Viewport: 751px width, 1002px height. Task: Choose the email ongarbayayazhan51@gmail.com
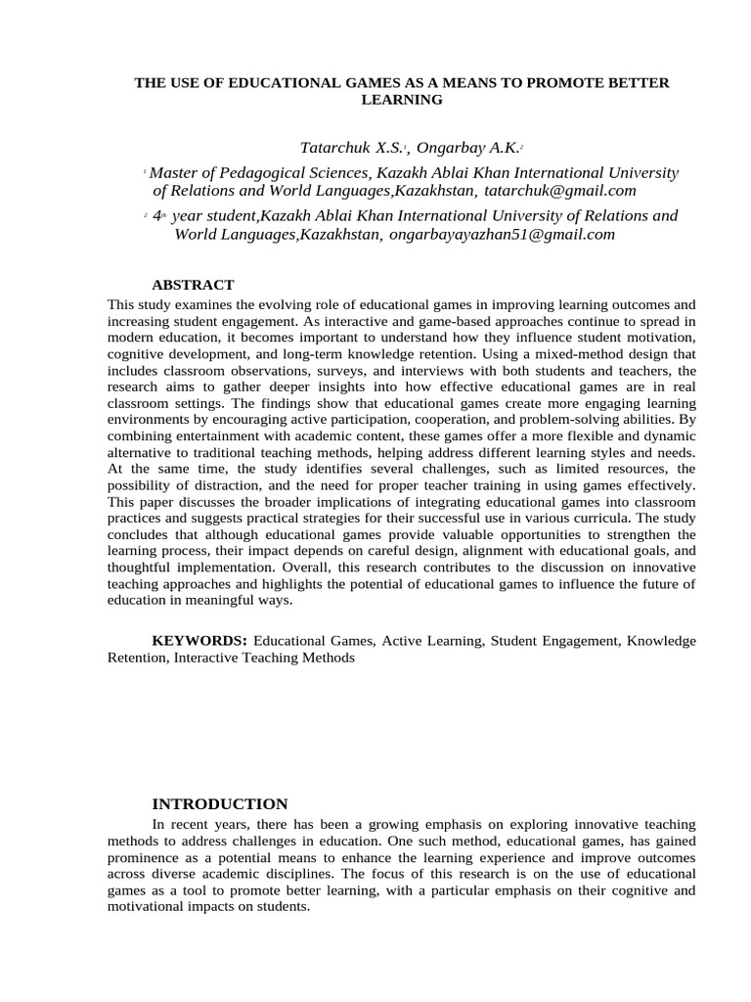click(503, 234)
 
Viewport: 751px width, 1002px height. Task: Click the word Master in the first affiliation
click(174, 172)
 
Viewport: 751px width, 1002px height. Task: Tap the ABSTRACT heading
click(193, 285)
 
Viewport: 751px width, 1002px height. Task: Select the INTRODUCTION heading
click(220, 804)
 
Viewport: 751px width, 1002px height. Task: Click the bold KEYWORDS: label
click(199, 641)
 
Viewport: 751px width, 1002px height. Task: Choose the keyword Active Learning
click(432, 641)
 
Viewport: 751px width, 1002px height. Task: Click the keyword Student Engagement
click(555, 641)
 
